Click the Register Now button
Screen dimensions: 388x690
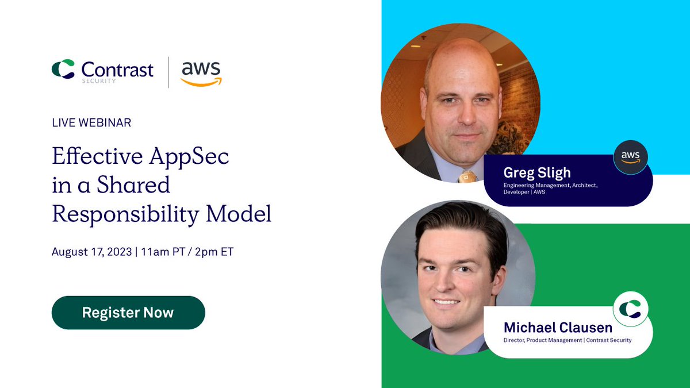coord(128,313)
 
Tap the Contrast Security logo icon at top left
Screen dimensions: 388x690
coord(63,70)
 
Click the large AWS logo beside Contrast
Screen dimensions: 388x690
coord(201,72)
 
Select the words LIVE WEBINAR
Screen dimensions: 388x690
coord(91,122)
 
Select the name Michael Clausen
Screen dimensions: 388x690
coord(558,328)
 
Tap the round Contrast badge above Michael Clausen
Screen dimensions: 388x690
coord(630,309)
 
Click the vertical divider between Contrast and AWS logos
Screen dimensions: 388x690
coord(168,72)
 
